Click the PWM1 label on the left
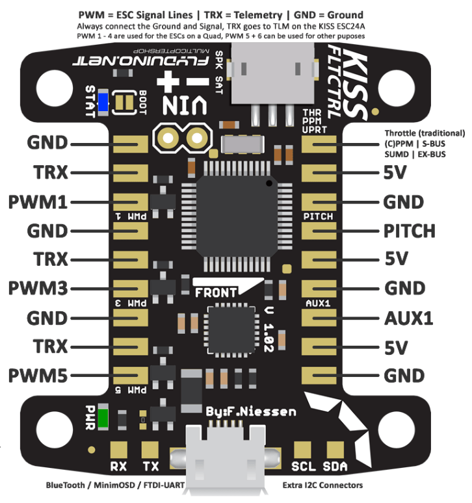(38, 201)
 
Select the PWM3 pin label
(38, 288)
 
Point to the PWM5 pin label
(38, 376)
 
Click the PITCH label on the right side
(409, 231)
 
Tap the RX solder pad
(118, 450)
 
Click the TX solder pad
(151, 450)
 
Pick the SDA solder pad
(335, 450)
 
